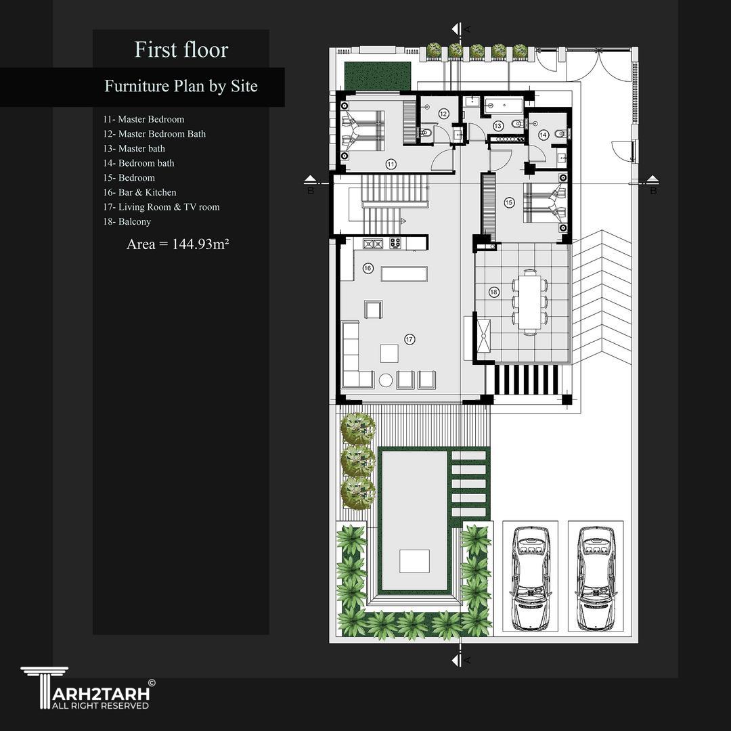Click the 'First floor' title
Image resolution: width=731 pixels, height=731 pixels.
click(x=181, y=49)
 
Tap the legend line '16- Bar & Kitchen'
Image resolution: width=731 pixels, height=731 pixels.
click(x=139, y=192)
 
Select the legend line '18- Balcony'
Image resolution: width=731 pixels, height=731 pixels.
click(x=127, y=221)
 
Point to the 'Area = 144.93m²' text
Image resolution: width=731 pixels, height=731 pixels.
click(x=177, y=244)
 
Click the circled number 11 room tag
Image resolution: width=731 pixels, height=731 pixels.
click(x=391, y=164)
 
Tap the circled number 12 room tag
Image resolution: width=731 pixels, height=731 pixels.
click(x=443, y=114)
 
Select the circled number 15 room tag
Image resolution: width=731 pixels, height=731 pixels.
click(x=509, y=202)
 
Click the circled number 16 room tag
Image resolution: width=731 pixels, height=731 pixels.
click(x=368, y=268)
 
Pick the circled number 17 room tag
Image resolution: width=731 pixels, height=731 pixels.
click(x=409, y=339)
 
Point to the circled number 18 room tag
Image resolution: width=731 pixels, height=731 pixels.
click(x=493, y=292)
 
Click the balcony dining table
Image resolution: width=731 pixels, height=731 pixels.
click(x=529, y=302)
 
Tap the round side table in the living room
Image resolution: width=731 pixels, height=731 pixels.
click(x=386, y=380)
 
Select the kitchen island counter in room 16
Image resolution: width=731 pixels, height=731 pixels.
click(x=404, y=273)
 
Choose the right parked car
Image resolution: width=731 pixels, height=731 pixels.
click(x=596, y=578)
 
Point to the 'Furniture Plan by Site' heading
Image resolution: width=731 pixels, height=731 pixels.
click(x=181, y=86)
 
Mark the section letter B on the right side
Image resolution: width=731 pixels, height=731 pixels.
click(x=653, y=191)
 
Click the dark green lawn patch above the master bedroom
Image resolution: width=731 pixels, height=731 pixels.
click(x=378, y=76)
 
